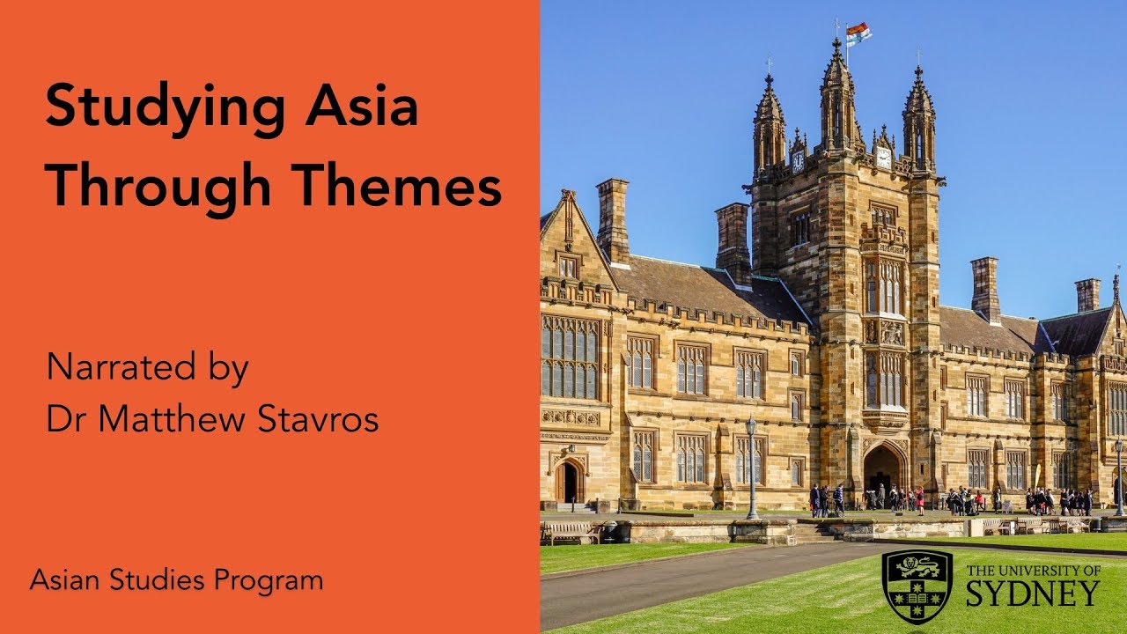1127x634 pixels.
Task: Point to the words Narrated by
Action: [x=147, y=367]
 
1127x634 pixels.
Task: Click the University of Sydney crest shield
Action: [x=917, y=586]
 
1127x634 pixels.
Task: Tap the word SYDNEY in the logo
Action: [x=1033, y=594]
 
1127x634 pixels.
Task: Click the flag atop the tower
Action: [x=858, y=33]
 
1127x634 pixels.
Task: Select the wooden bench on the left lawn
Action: [x=571, y=531]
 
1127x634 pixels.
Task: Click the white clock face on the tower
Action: [x=882, y=158]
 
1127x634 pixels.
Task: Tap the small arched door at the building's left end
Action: [x=568, y=482]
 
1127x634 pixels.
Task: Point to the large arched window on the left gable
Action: [x=570, y=357]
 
